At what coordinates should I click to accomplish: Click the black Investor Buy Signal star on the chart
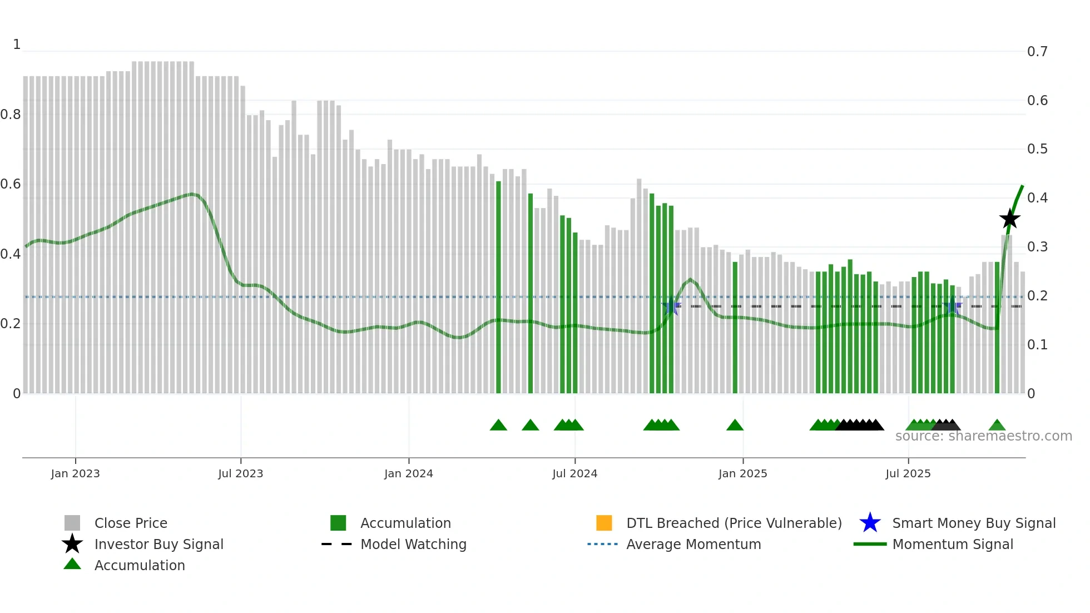coord(1009,219)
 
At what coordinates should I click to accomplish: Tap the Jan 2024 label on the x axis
coord(408,473)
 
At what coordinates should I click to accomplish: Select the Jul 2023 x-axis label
coord(240,473)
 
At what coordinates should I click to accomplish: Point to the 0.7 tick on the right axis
coord(1037,52)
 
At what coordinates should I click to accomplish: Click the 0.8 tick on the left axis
coord(11,115)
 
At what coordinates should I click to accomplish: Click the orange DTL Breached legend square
coord(604,523)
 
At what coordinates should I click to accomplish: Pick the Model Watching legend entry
coord(413,544)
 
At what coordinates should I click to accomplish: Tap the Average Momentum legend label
coord(693,544)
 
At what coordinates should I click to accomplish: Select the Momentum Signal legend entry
coord(952,544)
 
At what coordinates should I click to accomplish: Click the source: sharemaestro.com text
coord(983,436)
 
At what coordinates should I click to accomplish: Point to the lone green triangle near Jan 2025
coord(735,426)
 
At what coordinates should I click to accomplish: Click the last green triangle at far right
coord(997,426)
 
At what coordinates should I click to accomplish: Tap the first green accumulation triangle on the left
coord(498,426)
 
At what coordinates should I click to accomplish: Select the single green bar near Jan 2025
coord(735,328)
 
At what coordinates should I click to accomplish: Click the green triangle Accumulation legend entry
coord(139,565)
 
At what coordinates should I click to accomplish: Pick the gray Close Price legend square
coord(72,523)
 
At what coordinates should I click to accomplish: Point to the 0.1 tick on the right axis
coord(1037,345)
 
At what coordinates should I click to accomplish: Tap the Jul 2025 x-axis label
coord(908,473)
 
